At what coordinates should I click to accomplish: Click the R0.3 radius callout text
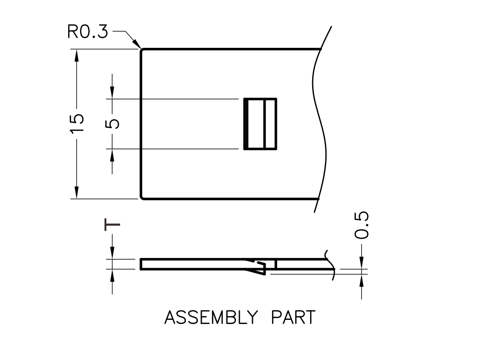[88, 33]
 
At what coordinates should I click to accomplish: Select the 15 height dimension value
[77, 124]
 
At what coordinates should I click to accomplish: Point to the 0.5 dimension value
[362, 225]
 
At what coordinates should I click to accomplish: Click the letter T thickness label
[113, 225]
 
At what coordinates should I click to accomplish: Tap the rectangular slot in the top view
[260, 124]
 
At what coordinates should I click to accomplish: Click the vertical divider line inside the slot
[264, 124]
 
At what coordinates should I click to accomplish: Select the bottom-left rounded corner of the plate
[142, 197]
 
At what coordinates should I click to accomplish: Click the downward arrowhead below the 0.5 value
[362, 263]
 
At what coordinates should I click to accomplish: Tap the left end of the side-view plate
[141, 264]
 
